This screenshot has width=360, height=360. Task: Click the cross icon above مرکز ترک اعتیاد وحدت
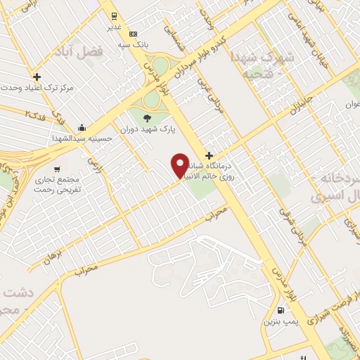pyautogui.click(x=37, y=77)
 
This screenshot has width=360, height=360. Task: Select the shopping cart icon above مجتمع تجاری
pyautogui.click(x=57, y=169)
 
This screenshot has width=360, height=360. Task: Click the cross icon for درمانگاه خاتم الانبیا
pyautogui.click(x=208, y=155)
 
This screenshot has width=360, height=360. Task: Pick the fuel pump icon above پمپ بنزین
pyautogui.click(x=281, y=311)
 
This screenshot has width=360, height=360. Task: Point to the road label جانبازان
pyautogui.click(x=299, y=106)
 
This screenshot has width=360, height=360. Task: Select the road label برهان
pyautogui.click(x=53, y=258)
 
